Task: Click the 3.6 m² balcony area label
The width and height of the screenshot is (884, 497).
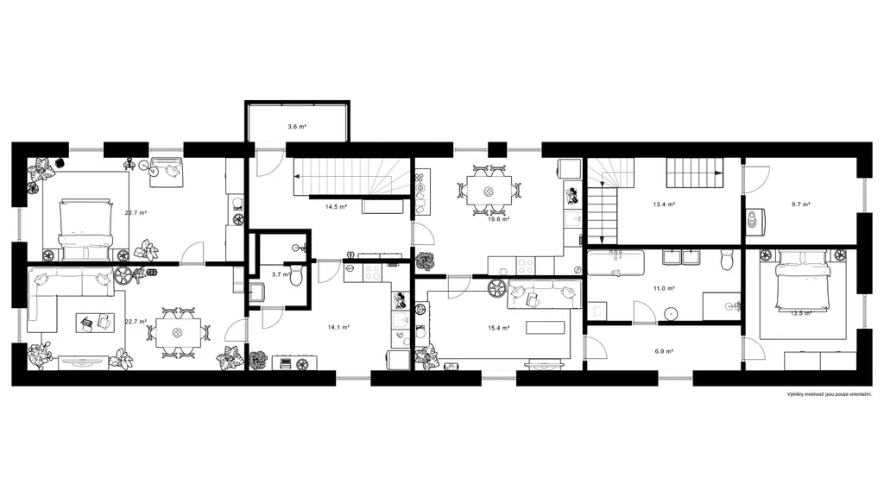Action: click(297, 127)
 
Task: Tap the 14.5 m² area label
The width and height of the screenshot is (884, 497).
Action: click(336, 207)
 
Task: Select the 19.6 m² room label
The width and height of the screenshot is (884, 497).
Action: click(499, 219)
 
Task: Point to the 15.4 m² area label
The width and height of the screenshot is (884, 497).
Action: click(499, 327)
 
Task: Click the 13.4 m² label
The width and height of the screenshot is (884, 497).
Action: click(664, 204)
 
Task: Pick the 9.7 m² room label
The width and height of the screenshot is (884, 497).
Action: click(800, 204)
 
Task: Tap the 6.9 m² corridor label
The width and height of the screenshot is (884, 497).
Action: click(664, 351)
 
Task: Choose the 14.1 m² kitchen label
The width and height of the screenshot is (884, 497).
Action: click(338, 327)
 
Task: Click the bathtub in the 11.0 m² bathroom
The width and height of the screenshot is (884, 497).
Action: click(616, 263)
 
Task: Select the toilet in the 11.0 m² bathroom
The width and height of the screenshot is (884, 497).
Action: click(727, 260)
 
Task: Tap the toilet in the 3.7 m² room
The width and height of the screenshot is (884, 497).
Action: click(297, 275)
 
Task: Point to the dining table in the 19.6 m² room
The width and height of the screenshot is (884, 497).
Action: click(489, 191)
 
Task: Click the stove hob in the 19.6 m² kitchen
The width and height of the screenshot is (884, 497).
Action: click(526, 265)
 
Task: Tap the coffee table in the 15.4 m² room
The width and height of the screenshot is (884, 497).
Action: click(546, 327)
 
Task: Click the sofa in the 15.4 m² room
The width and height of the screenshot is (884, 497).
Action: click(545, 295)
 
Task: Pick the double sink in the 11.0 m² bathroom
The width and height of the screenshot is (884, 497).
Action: click(682, 257)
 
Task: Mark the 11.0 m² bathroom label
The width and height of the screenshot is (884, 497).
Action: click(664, 288)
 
